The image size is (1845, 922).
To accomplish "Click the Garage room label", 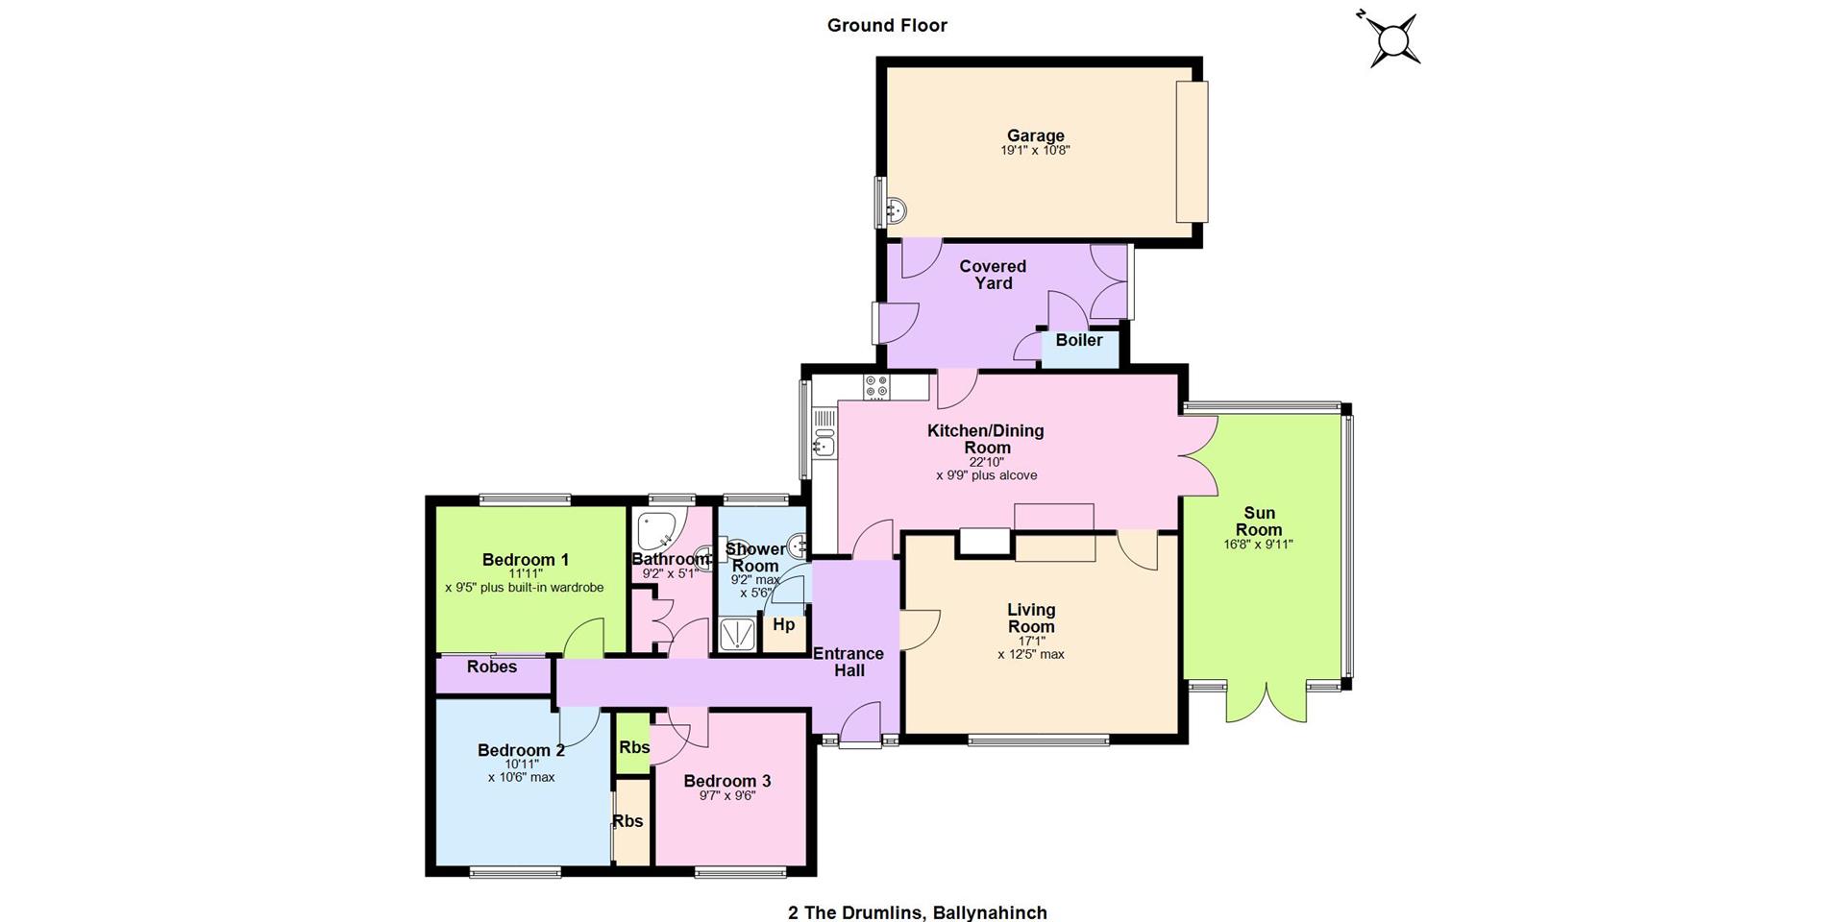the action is click(1035, 135).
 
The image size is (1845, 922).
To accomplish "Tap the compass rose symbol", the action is click(1391, 39).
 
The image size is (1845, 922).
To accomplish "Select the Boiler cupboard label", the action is click(1079, 340).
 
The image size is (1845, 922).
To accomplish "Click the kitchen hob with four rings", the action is click(876, 387).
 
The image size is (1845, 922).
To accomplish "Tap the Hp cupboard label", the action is click(784, 624).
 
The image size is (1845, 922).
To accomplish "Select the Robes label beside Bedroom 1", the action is click(492, 667).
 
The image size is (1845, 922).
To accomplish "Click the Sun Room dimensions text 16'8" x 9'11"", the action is click(1258, 545).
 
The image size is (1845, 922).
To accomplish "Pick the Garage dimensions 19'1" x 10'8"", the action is click(1035, 151).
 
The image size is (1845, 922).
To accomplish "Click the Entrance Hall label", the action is click(849, 662).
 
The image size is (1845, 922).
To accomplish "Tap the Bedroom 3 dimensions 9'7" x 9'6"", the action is click(727, 795).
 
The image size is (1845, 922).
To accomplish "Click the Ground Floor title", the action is click(887, 26).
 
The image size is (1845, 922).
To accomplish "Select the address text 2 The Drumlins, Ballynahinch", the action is click(918, 912).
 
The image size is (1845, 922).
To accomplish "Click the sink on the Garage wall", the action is click(895, 209).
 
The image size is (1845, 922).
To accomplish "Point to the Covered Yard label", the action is click(993, 275).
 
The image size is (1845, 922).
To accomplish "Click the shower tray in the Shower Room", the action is click(738, 636).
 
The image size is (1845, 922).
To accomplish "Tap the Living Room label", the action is click(1031, 618).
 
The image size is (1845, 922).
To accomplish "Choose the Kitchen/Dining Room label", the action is click(986, 439).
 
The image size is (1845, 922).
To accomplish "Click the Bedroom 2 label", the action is click(521, 750).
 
